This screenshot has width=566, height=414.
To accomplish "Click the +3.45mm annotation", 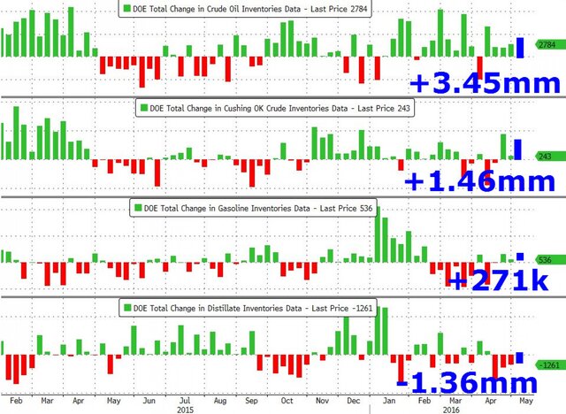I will (x=485, y=84).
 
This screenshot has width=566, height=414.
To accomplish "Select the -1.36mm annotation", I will (x=466, y=383).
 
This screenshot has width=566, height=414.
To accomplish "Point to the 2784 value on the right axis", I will (x=545, y=43).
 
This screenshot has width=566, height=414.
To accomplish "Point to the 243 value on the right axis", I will (x=545, y=157).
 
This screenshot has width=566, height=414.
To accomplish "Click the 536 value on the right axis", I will (x=545, y=260).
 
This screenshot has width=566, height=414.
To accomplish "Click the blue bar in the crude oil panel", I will (x=521, y=48).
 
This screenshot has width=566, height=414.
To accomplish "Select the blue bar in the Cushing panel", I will (x=518, y=149).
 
